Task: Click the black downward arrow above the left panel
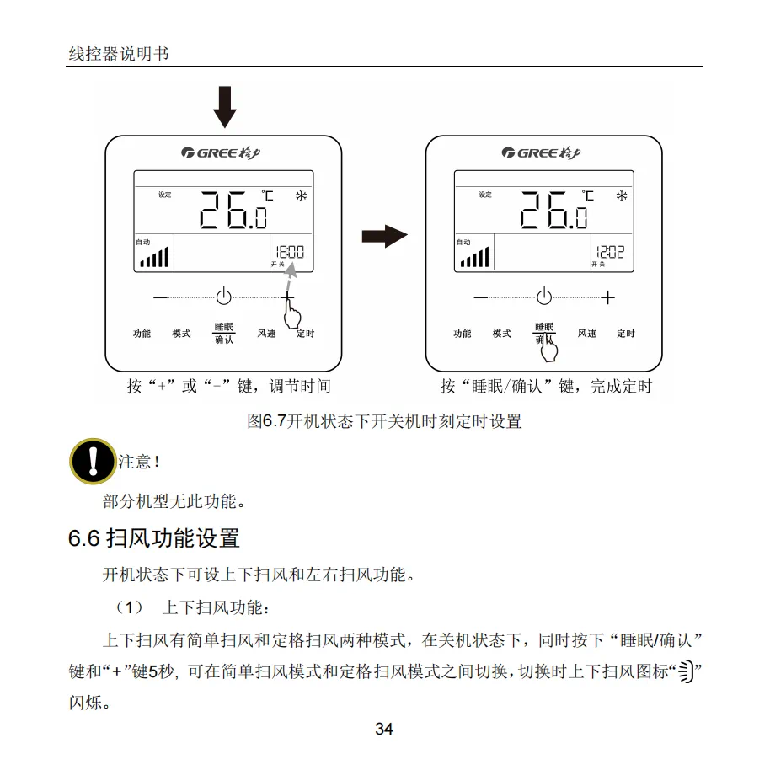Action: click(x=225, y=106)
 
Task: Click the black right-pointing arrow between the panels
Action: click(x=384, y=237)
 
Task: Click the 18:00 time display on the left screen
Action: click(x=288, y=252)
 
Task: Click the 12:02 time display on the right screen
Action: click(x=609, y=252)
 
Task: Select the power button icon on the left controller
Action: click(x=223, y=297)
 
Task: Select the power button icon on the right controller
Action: click(x=544, y=297)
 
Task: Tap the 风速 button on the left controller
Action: click(x=266, y=334)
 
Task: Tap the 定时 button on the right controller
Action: click(x=625, y=334)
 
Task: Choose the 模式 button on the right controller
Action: click(x=501, y=334)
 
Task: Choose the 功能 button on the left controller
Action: click(x=142, y=334)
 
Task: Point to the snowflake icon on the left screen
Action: click(x=301, y=196)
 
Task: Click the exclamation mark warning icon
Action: click(x=91, y=461)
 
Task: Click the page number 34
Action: click(x=384, y=730)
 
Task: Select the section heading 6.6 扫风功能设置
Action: click(x=154, y=538)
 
